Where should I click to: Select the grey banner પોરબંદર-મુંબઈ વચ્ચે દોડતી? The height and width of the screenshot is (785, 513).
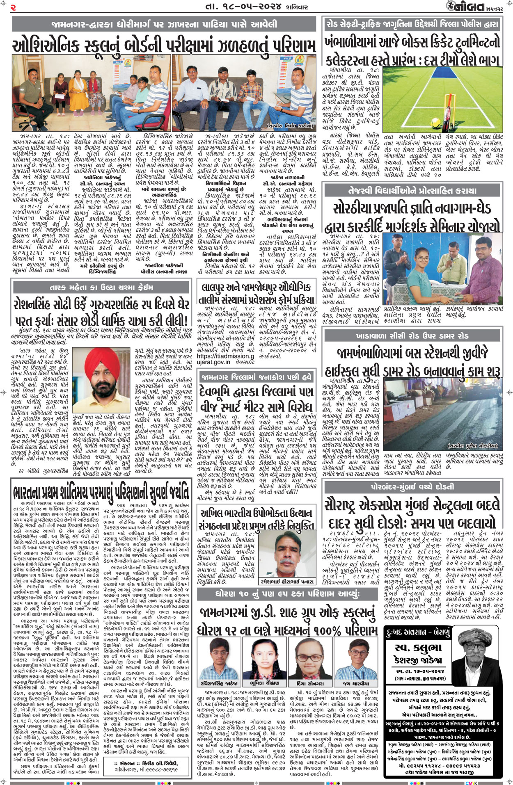click(412, 487)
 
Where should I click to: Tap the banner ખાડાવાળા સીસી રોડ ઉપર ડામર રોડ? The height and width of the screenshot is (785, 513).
click(412, 336)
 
